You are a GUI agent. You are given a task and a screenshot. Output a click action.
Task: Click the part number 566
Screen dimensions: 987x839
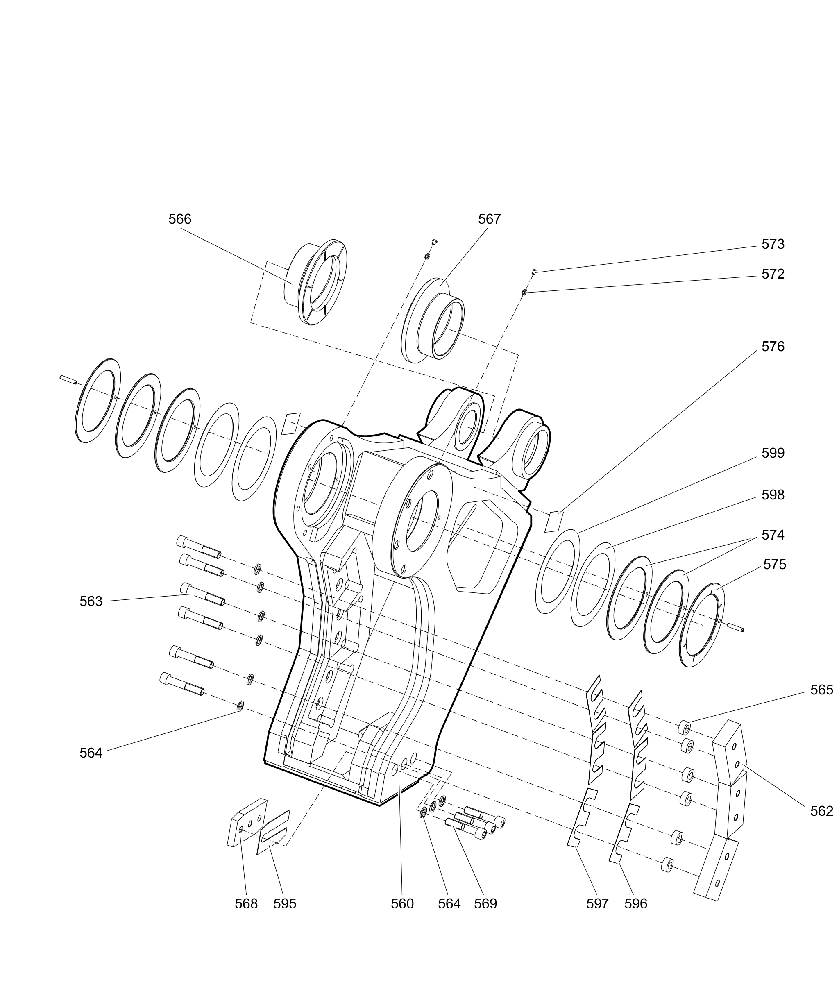click(180, 219)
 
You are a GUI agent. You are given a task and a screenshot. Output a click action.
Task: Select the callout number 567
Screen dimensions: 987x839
click(490, 219)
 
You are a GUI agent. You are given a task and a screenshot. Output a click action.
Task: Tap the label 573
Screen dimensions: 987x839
click(773, 245)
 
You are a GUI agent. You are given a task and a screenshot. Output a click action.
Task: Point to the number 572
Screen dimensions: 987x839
click(773, 275)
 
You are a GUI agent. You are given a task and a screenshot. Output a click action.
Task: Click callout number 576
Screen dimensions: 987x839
click(773, 347)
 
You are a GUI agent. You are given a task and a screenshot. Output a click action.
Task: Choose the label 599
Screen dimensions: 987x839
click(773, 453)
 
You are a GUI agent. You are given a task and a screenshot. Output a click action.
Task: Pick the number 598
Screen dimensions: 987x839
click(773, 495)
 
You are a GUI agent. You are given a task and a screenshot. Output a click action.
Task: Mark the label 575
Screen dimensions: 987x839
click(775, 565)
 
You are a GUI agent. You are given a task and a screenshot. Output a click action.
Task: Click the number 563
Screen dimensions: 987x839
click(91, 602)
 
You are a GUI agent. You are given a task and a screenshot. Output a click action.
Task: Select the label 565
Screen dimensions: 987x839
click(821, 690)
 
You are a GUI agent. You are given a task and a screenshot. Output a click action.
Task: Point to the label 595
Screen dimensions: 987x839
click(284, 904)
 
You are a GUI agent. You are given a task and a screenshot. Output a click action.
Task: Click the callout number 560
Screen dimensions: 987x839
click(402, 904)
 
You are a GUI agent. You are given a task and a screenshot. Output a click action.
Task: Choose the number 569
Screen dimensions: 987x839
click(485, 904)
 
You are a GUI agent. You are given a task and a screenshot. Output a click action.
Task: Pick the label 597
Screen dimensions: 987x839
click(597, 904)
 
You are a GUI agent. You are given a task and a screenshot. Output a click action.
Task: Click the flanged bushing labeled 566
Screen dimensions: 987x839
click(316, 283)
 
